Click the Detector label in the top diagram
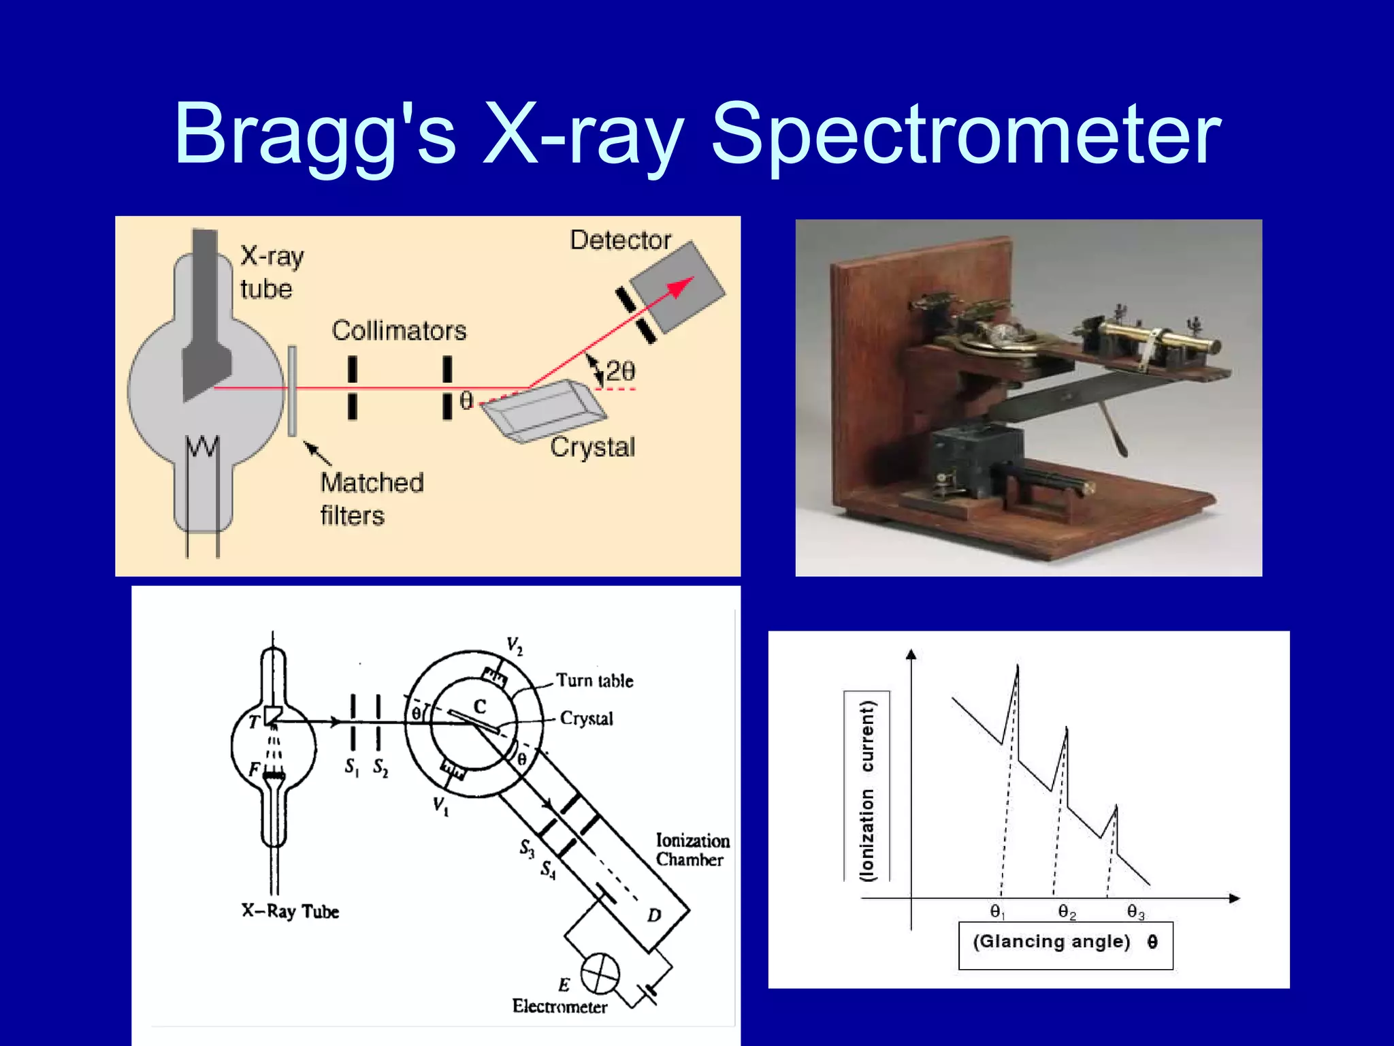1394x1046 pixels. click(x=620, y=240)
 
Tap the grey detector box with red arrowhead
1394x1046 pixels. click(x=678, y=287)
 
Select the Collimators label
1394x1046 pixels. click(x=399, y=331)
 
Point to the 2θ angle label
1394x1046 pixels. click(x=620, y=371)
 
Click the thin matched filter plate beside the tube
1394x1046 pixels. click(x=292, y=391)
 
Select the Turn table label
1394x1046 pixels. click(x=594, y=680)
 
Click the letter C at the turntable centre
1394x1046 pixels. click(x=480, y=707)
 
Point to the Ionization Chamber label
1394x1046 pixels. click(x=692, y=850)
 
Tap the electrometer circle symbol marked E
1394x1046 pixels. click(x=600, y=973)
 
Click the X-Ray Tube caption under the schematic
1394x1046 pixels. click(x=290, y=911)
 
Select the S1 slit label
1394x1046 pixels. click(x=351, y=767)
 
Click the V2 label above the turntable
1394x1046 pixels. click(x=515, y=646)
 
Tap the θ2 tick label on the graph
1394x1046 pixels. click(x=1066, y=913)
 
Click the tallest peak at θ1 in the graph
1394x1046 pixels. click(x=1017, y=669)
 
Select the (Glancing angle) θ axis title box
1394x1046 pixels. click(x=1065, y=944)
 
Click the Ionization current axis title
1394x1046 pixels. click(x=866, y=790)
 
